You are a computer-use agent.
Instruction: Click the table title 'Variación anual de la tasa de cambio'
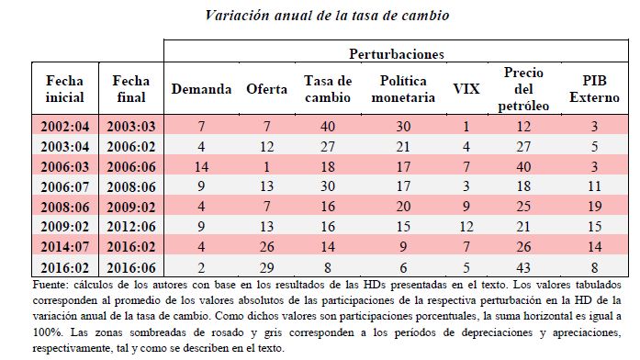[x=327, y=16]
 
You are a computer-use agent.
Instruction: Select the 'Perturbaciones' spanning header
[x=397, y=54]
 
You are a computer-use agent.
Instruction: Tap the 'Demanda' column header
[x=201, y=89]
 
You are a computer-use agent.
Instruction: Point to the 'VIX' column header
[x=466, y=89]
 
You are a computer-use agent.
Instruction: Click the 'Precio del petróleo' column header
[x=523, y=89]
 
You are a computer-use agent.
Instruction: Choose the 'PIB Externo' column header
[x=594, y=89]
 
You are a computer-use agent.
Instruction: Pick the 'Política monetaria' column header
[x=403, y=89]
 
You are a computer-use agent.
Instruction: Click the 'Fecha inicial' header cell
[x=64, y=89]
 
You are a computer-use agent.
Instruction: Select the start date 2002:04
[x=65, y=126]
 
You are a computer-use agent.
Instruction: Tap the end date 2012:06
[x=131, y=227]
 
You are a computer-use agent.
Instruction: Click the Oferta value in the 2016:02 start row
[x=266, y=268]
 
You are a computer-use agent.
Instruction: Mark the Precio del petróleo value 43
[x=523, y=268]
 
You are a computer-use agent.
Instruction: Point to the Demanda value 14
[x=201, y=166]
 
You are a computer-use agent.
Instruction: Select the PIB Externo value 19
[x=595, y=207]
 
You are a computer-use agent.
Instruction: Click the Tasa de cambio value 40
[x=328, y=126]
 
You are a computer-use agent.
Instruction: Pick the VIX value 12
[x=466, y=227]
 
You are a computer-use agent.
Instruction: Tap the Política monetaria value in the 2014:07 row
[x=403, y=247]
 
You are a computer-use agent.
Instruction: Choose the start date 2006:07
[x=65, y=186]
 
